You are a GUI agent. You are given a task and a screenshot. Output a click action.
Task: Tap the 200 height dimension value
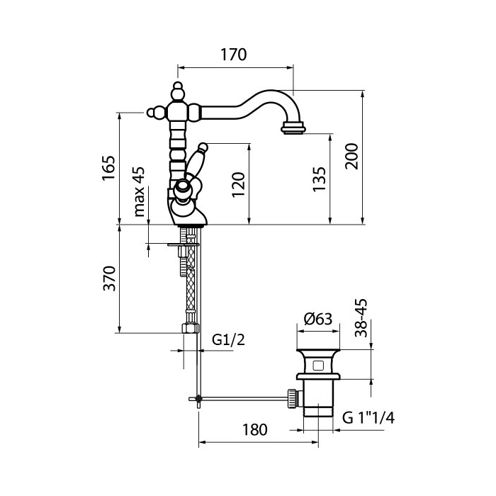(x=353, y=157)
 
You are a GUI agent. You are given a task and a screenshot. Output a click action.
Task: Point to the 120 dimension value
(x=239, y=184)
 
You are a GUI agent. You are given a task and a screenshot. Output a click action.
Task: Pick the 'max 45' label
(x=140, y=191)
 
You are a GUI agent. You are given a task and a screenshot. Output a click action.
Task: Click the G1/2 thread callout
(x=228, y=340)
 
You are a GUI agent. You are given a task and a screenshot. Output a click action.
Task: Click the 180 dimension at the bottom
(x=254, y=429)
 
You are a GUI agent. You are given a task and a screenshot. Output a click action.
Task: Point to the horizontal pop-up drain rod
(x=241, y=399)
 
